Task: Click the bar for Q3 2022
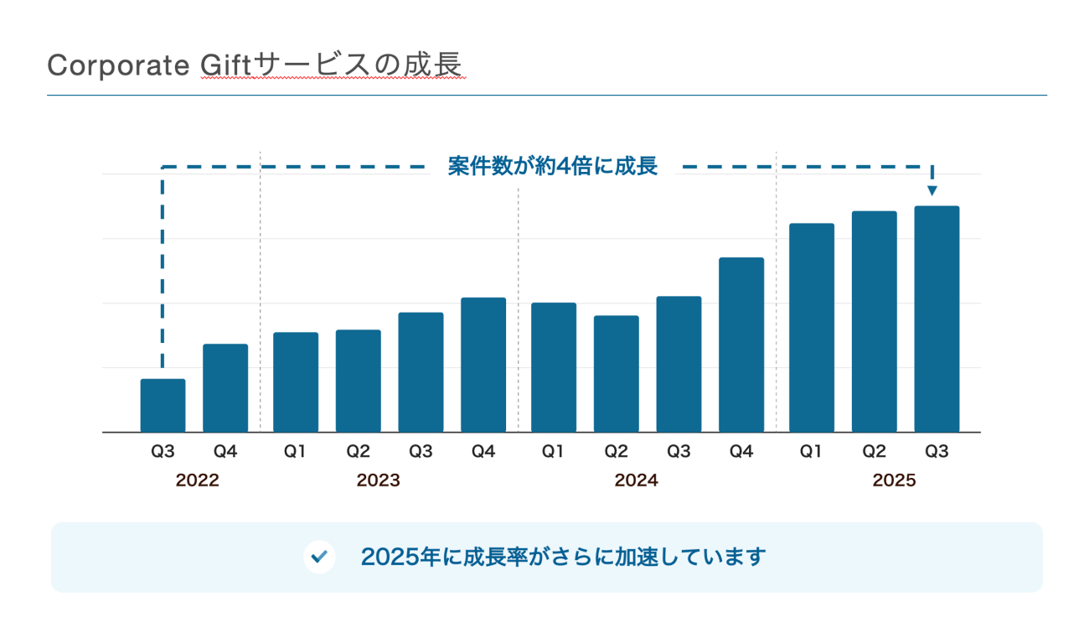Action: tap(163, 406)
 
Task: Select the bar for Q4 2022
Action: tap(225, 388)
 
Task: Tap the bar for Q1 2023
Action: tap(296, 382)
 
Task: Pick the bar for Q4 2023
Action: tap(483, 365)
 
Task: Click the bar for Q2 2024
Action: tap(617, 374)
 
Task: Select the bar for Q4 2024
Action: tap(741, 345)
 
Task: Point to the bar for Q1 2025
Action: tap(812, 328)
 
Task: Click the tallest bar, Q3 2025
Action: tap(937, 319)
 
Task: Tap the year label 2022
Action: tap(198, 481)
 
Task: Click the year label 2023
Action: tap(378, 481)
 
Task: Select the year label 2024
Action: tap(636, 481)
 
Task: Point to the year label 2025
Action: tap(894, 481)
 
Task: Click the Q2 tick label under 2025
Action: tap(874, 452)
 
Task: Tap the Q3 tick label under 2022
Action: tap(163, 452)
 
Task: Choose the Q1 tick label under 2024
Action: tap(552, 452)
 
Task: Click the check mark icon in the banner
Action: tap(319, 557)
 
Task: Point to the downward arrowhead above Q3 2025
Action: tap(932, 191)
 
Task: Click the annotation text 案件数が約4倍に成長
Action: tap(552, 166)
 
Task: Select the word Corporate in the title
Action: tap(118, 65)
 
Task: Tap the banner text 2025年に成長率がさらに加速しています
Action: tap(563, 557)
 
